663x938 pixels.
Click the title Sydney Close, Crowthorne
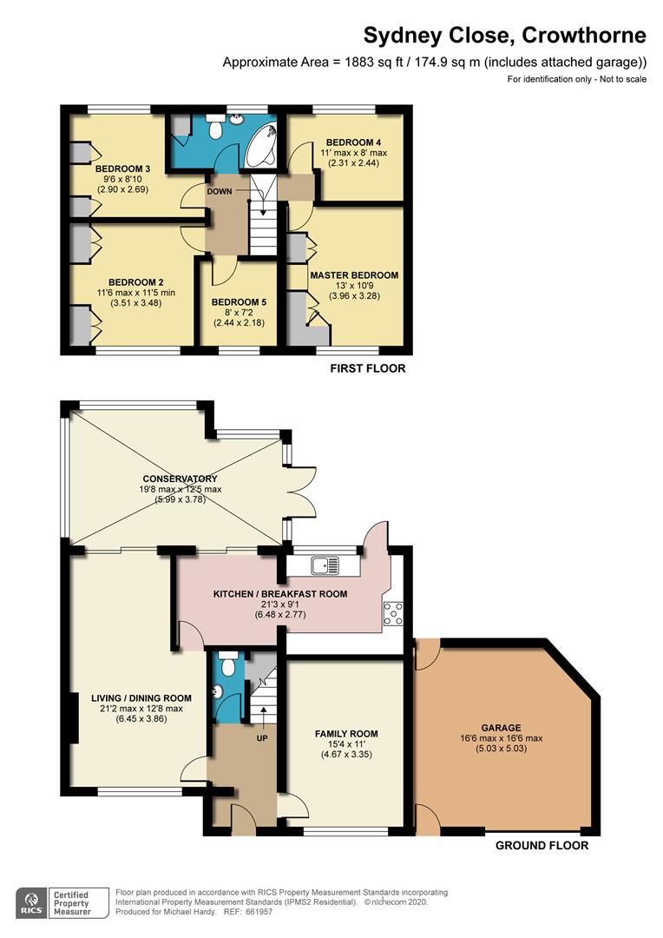tap(504, 36)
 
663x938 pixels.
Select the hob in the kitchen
tap(391, 613)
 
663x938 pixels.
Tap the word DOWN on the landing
tap(220, 191)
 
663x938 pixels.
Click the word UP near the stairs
tap(260, 738)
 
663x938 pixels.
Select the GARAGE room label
tap(502, 728)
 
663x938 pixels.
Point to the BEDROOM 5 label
tap(239, 302)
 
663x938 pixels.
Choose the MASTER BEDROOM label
tap(354, 275)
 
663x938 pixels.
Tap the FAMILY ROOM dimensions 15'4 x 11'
tap(346, 745)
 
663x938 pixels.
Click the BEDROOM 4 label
tap(353, 142)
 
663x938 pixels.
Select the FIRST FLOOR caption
tap(367, 369)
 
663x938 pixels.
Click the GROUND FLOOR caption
tap(542, 845)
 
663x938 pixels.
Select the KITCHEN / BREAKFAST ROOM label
tap(280, 594)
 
